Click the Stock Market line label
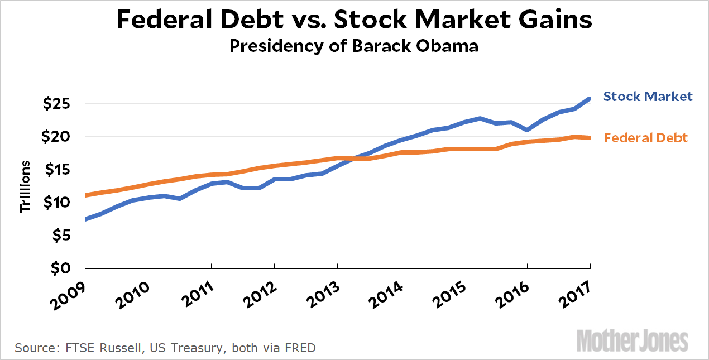coord(648,97)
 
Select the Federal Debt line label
coord(646,137)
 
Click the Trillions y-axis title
coord(25,186)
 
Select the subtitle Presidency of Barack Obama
coord(354,46)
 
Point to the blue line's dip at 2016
coord(527,129)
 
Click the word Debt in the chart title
coord(251,20)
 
